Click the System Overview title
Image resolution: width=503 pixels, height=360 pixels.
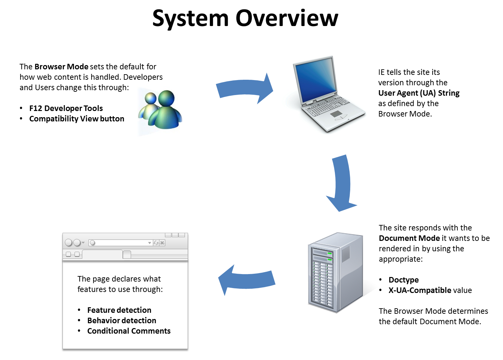point(245,19)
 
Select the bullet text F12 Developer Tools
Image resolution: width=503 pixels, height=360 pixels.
point(66,108)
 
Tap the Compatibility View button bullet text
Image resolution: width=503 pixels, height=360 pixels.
point(77,119)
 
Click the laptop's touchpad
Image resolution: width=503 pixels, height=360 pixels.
point(336,114)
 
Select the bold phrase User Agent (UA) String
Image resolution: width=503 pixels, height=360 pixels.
point(419,93)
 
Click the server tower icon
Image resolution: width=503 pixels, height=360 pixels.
point(336,272)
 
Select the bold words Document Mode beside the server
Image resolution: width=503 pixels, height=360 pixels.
point(409,238)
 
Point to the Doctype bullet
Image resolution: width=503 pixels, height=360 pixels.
point(404,280)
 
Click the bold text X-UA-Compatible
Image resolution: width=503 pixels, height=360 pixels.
point(420,290)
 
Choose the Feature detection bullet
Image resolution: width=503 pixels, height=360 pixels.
point(119,310)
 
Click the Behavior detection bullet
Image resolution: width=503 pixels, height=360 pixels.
point(122,321)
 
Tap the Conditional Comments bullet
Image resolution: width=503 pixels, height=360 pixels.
point(129,331)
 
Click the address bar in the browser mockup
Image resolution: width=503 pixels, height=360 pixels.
point(120,243)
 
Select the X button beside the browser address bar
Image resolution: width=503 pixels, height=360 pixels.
point(162,243)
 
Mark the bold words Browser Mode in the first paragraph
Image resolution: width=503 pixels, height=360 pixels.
point(61,67)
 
